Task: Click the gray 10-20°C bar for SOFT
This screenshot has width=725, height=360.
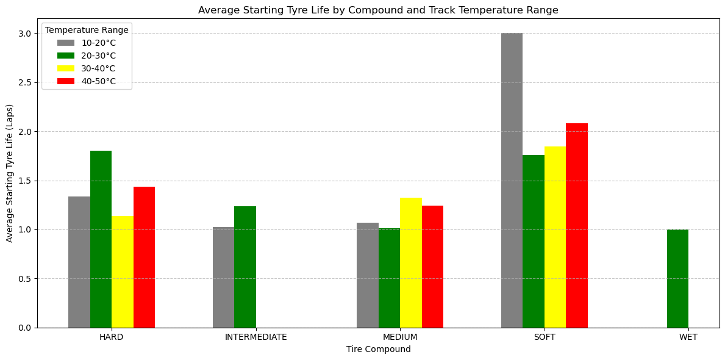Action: (512, 180)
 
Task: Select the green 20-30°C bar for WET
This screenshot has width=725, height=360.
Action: (677, 278)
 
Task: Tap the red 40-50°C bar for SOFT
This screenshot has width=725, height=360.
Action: (576, 225)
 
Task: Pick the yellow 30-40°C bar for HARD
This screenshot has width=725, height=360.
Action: (123, 272)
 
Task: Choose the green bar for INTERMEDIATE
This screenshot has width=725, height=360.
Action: (245, 267)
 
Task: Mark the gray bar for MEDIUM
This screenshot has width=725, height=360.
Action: (368, 275)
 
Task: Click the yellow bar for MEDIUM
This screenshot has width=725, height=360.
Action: (411, 262)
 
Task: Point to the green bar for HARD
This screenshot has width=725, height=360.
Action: (101, 239)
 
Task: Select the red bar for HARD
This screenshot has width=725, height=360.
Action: (144, 257)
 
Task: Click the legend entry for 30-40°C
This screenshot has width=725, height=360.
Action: (98, 68)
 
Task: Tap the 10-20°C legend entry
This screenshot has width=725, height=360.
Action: (98, 43)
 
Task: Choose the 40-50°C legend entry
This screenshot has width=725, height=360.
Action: (98, 81)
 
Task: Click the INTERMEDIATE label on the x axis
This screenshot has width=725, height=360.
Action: (255, 337)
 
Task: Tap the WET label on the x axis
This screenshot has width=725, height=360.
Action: (688, 337)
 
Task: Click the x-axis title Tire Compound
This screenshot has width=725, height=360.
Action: (378, 350)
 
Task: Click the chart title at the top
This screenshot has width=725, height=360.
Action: (378, 10)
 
